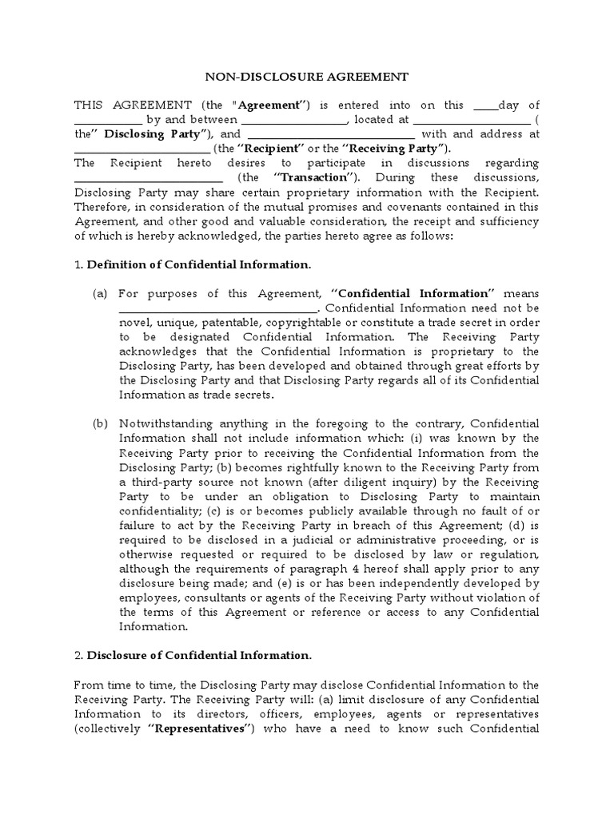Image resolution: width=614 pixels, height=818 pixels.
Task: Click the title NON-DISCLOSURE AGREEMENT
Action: click(x=307, y=77)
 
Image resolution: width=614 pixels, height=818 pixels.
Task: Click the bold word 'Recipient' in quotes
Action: click(x=271, y=149)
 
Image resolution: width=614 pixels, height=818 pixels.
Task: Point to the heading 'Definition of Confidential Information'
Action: click(x=198, y=264)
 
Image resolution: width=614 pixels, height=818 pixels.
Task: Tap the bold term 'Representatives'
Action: click(x=196, y=728)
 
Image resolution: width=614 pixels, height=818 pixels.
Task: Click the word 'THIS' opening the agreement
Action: click(x=90, y=105)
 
